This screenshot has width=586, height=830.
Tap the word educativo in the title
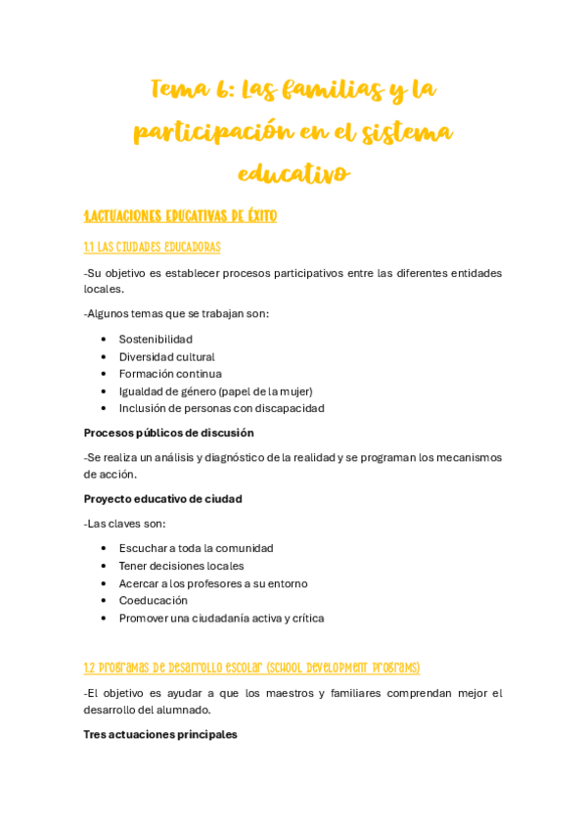(x=293, y=174)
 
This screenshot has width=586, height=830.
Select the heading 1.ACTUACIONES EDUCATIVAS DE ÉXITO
(x=180, y=216)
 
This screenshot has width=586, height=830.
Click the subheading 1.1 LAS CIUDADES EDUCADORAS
(x=152, y=248)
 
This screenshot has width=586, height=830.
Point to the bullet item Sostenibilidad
(x=156, y=340)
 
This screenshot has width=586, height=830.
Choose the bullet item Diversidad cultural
(x=166, y=357)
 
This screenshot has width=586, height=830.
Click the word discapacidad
(x=290, y=408)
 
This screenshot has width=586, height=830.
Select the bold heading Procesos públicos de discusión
(x=168, y=433)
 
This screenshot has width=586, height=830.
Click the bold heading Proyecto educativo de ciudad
(x=162, y=499)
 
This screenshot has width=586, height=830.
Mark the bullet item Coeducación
(x=154, y=601)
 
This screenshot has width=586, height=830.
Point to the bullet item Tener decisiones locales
(x=181, y=566)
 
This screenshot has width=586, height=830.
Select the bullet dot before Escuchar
(x=104, y=549)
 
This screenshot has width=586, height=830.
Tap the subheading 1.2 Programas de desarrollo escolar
(x=251, y=669)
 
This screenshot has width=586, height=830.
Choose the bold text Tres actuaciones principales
(x=160, y=735)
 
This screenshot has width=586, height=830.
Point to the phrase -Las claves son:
(x=124, y=524)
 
